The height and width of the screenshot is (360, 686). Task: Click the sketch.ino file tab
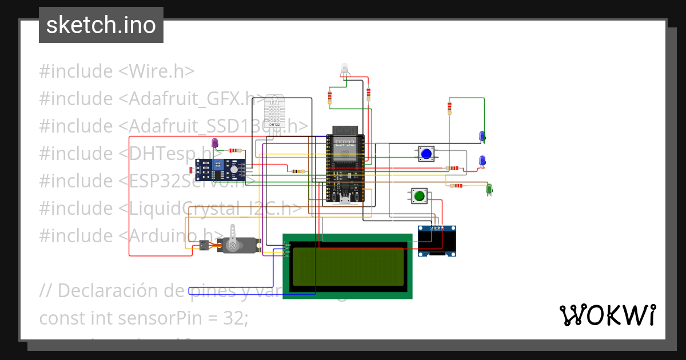click(x=101, y=25)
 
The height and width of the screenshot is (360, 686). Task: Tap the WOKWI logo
click(x=607, y=315)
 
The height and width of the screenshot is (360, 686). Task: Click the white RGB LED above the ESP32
click(x=344, y=68)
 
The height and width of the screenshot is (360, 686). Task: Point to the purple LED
click(x=215, y=142)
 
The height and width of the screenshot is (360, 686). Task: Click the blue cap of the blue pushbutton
click(x=426, y=154)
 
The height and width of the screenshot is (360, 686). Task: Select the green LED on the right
click(x=489, y=188)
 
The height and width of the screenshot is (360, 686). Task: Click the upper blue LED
click(x=482, y=135)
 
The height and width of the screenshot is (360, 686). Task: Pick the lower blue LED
click(x=482, y=161)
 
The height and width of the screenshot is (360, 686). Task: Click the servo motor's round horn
click(x=232, y=245)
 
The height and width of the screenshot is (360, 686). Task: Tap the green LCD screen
click(x=347, y=266)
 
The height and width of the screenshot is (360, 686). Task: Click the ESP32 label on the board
click(x=345, y=143)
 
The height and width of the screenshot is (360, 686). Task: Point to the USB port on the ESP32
click(x=345, y=199)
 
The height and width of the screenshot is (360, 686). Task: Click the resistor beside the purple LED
click(x=234, y=150)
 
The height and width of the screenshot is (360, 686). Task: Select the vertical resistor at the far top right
click(x=450, y=107)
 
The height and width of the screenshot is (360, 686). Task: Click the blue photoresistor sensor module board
click(x=220, y=170)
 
